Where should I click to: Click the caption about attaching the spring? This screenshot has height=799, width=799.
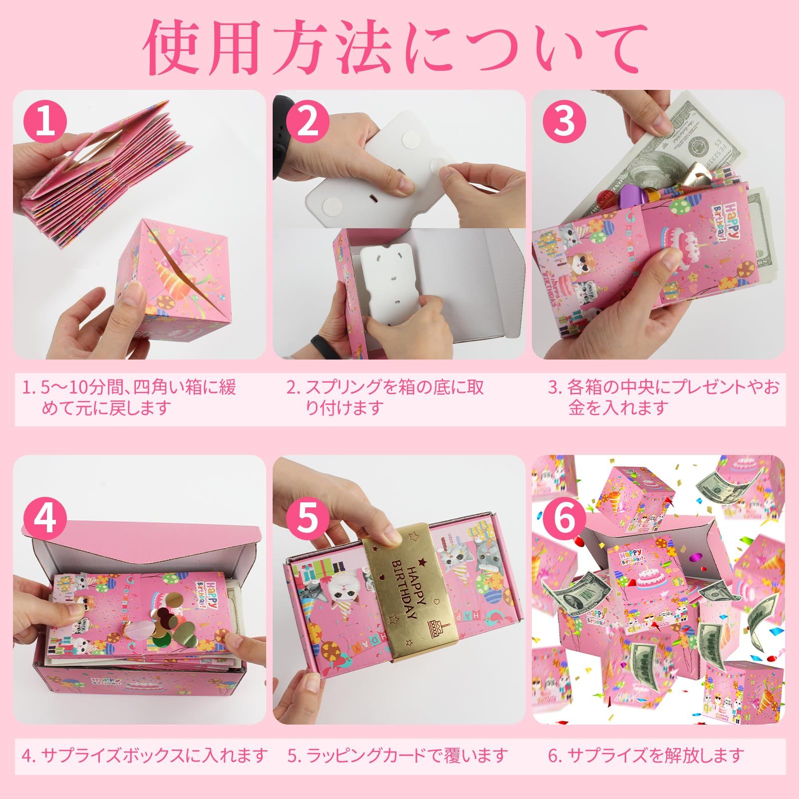385,398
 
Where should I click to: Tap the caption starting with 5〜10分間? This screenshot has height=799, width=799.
130,398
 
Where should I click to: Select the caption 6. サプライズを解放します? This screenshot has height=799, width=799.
647,755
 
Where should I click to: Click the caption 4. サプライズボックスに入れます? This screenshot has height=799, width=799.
145,755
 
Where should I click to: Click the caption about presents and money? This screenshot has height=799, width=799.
664,398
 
